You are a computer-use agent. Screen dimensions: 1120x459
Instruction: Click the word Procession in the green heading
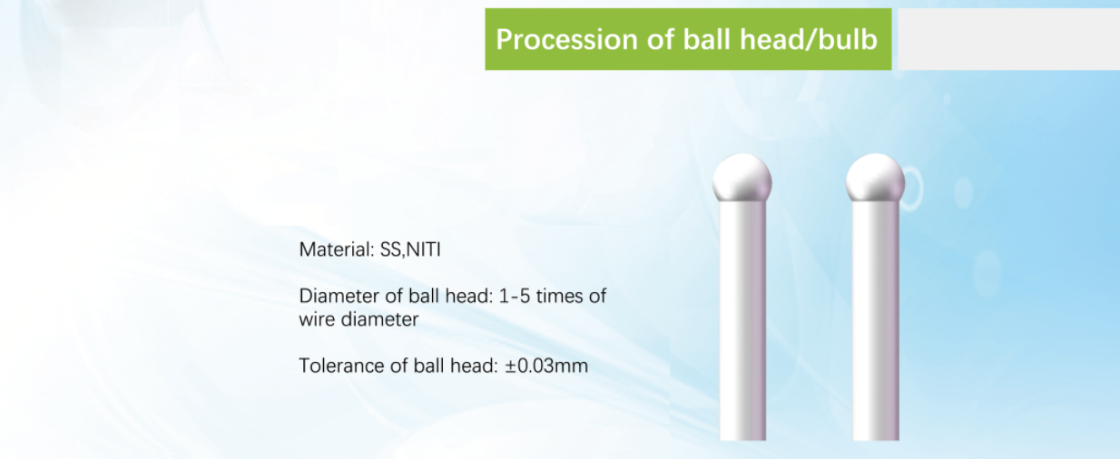[566, 39]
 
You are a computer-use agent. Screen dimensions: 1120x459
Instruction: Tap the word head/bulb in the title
[809, 39]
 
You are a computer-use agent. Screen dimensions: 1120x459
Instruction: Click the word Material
[337, 249]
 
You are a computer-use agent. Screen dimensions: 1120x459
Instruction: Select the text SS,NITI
[410, 249]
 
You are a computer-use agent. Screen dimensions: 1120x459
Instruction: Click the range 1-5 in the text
[515, 297]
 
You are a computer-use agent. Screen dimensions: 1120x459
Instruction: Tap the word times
[560, 297]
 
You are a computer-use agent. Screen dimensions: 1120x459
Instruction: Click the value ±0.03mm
[546, 366]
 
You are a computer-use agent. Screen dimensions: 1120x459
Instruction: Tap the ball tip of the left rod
[742, 178]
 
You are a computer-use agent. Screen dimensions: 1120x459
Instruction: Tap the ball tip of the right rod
[876, 178]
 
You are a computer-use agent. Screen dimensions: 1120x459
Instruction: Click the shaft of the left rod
[742, 320]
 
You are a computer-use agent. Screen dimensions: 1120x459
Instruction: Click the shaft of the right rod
[876, 320]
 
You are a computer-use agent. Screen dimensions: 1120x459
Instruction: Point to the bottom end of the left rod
[742, 440]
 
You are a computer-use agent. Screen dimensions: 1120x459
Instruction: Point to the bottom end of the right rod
[876, 440]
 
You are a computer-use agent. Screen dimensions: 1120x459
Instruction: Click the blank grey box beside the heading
[1008, 39]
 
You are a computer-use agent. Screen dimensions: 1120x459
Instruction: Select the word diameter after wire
[379, 319]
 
